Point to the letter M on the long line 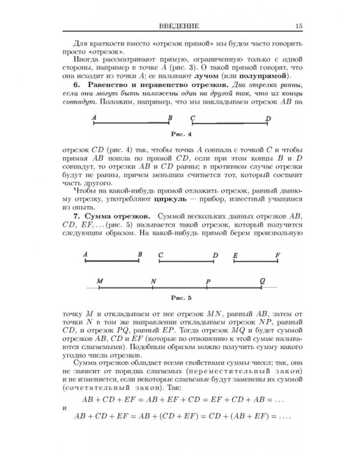point(100,280)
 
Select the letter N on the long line point(154,280)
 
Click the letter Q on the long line point(262,280)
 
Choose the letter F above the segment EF point(277,255)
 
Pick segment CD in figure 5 point(187,262)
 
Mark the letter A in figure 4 point(95,118)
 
